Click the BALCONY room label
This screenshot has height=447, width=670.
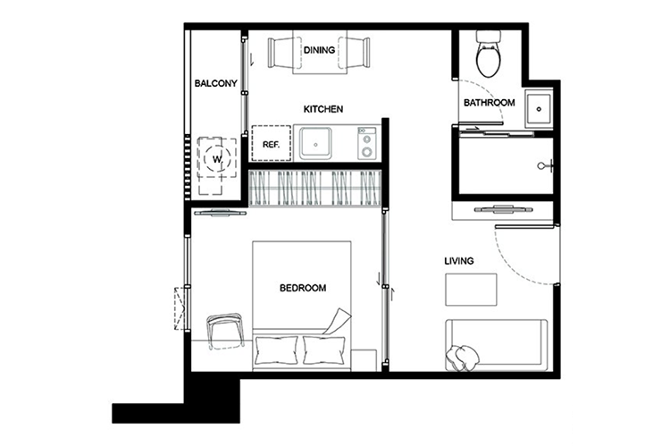pos(215,83)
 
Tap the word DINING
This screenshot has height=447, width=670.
pos(319,50)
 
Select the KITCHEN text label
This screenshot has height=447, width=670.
pos(323,109)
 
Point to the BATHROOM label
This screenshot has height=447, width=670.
pos(490,103)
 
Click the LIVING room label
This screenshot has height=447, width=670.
pos(459,260)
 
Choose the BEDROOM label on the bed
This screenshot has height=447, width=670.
pos(303,288)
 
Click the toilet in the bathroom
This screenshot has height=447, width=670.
pos(488,54)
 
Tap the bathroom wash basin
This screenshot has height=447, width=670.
pos(539,109)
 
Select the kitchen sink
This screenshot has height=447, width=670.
pos(315,143)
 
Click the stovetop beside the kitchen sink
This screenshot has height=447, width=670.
pos(366,144)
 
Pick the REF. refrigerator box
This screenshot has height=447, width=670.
pos(271,143)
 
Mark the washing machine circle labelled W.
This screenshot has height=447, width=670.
pos(217,159)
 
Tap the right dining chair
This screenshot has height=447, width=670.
pos(355,53)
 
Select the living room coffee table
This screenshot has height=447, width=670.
pos(471,290)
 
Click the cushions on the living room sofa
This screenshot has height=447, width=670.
pos(463,358)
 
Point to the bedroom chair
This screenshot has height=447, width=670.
pos(224,331)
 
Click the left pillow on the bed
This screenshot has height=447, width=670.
pos(276,350)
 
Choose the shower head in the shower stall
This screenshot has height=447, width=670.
pos(546,165)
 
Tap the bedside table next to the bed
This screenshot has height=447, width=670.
pos(364,360)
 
